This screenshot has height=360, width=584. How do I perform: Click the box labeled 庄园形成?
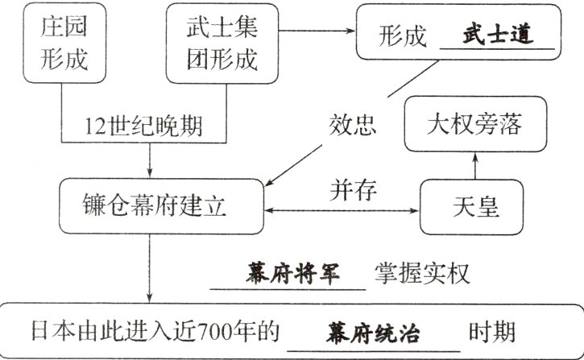[x=63, y=43]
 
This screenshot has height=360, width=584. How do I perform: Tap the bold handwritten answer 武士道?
[x=498, y=36]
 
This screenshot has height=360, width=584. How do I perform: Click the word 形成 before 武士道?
[x=403, y=38]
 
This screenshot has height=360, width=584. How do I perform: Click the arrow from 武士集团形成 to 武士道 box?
[x=314, y=31]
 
